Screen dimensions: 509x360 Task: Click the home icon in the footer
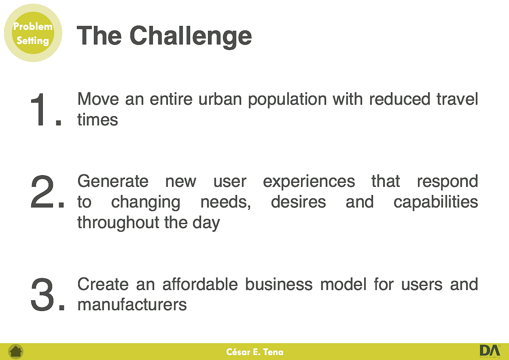tap(16, 352)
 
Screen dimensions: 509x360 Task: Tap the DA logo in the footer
tap(490, 352)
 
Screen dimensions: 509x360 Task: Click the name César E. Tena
tap(255, 352)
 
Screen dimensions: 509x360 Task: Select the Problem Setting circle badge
tap(33, 33)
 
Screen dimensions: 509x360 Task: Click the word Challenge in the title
tap(191, 37)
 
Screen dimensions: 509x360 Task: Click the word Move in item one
tap(98, 99)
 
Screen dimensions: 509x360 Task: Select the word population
tap(287, 100)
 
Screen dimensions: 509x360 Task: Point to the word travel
tap(457, 99)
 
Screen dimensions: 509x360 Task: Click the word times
tap(98, 120)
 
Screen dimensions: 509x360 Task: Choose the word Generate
tap(113, 181)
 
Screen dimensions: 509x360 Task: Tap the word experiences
tap(309, 182)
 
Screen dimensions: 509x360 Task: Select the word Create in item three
tap(103, 284)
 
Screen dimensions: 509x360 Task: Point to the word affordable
tap(200, 284)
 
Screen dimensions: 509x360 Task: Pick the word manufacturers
tap(132, 305)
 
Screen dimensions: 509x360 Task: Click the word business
tap(279, 284)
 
